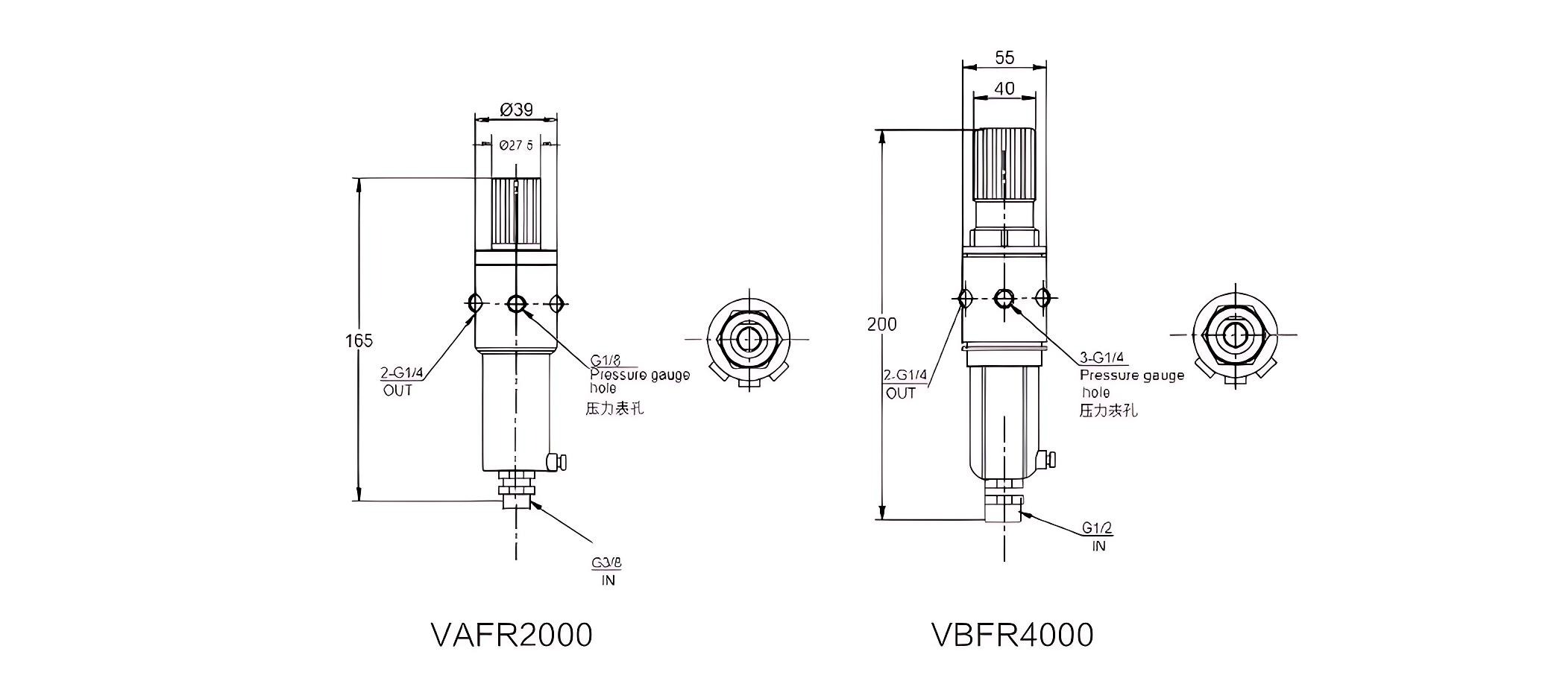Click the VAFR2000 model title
(512, 635)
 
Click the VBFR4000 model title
(1012, 635)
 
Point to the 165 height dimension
(359, 340)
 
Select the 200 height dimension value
(882, 324)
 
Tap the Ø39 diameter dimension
(516, 110)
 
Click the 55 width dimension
(1004, 57)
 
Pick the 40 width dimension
(1004, 88)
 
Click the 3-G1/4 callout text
(1103, 357)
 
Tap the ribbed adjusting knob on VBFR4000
(1004, 164)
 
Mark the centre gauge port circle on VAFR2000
(516, 303)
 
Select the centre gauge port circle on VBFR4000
(1004, 298)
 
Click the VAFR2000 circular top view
(748, 340)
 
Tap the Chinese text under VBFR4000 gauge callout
(1109, 411)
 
